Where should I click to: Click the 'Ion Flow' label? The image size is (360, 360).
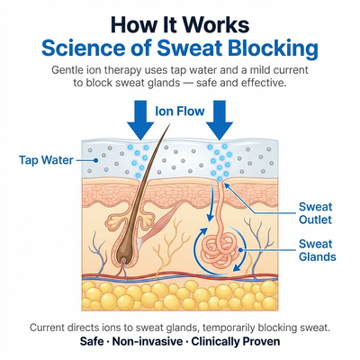pos(180,112)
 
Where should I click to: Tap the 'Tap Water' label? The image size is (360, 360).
pos(46,160)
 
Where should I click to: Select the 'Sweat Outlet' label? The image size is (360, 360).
pos(315,213)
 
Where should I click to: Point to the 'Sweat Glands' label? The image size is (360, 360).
pos(317,250)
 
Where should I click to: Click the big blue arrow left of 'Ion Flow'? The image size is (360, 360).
pos(140,121)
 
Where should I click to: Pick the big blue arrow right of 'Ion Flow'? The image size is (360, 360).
pos(220,121)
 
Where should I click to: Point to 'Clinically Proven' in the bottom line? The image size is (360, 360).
pos(236,341)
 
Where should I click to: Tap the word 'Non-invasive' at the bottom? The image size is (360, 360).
pos(148,341)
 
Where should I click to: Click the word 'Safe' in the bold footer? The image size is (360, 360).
pos(92,341)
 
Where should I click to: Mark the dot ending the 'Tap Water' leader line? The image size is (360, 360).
pos(95,160)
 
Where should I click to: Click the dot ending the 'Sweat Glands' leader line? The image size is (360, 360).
pos(240,249)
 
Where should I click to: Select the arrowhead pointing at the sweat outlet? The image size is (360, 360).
pos(227,186)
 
